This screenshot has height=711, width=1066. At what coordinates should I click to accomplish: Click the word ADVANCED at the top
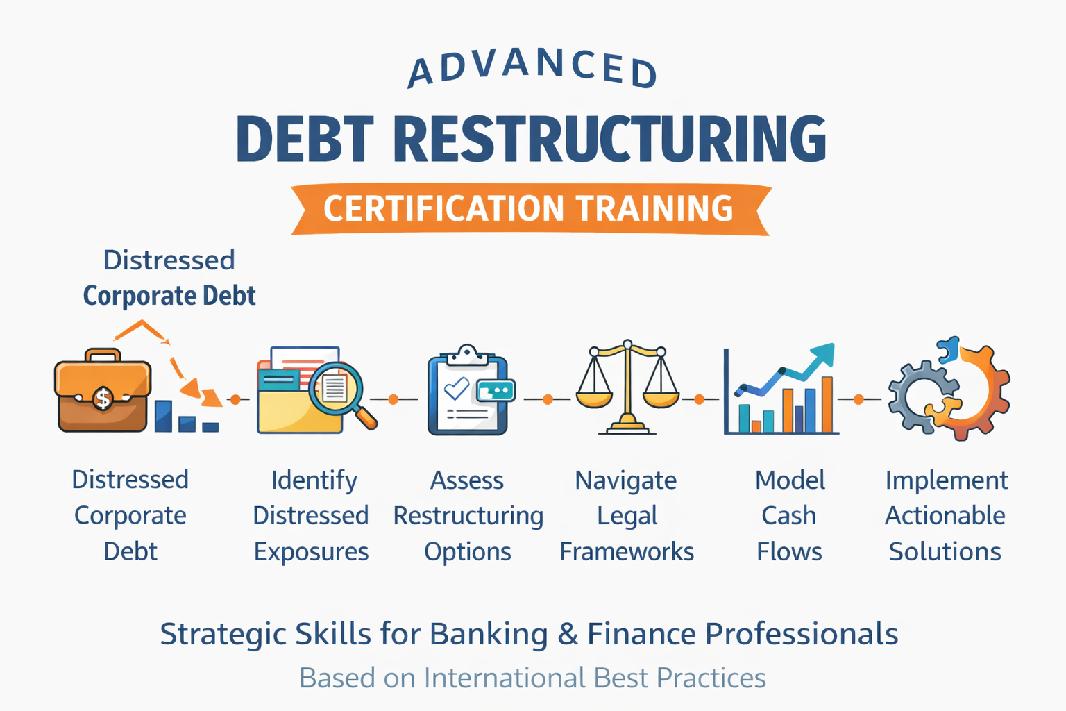point(532,69)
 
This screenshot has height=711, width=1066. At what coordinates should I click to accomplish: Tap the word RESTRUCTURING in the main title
point(610,139)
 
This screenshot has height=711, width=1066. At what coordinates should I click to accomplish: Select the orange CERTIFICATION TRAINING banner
point(530,209)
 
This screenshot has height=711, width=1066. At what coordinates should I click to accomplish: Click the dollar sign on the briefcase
point(103,399)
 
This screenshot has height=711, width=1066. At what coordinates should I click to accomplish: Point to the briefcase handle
point(103,355)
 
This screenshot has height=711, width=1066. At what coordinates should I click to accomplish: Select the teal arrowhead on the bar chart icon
point(824,353)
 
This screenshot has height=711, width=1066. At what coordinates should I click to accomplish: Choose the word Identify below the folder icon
point(314,480)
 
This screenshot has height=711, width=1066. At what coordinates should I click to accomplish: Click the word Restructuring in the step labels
point(468,517)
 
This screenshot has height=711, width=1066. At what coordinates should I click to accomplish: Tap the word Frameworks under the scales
point(627,552)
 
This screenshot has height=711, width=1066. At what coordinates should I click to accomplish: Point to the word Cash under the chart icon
point(789,516)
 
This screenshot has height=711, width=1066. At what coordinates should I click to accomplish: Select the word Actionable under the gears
point(945,516)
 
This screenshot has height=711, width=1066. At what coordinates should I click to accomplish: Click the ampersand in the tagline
point(568,634)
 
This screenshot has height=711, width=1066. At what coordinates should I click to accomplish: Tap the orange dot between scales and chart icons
point(699,399)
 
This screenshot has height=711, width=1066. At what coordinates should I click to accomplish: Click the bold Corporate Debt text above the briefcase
point(169,296)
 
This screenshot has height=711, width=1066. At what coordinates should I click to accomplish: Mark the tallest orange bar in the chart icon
point(827,405)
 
